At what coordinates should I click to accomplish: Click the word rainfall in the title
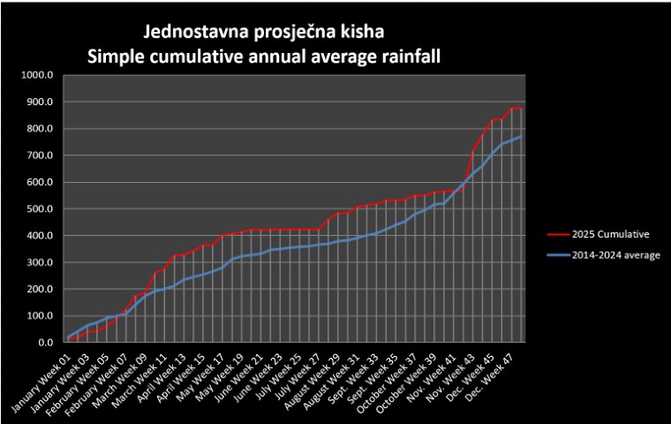click(405, 57)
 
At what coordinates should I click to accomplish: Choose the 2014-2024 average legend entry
click(609, 254)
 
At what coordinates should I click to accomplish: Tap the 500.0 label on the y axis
click(41, 208)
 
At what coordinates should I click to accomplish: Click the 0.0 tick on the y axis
click(48, 342)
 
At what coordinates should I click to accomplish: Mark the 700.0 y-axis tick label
click(41, 155)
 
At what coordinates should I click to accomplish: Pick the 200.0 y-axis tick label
click(41, 289)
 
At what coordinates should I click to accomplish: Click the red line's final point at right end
click(521, 109)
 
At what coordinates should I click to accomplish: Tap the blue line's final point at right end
click(521, 137)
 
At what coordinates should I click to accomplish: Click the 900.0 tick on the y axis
click(41, 102)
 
